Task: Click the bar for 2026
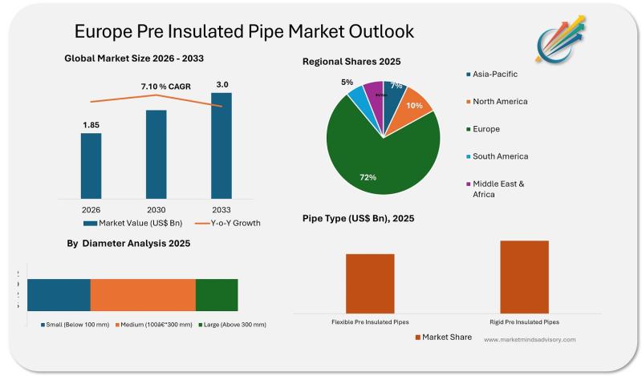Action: pos(91,167)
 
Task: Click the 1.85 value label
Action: pos(91,125)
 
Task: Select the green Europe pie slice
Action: pos(377,156)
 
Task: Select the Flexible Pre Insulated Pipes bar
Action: pos(370,282)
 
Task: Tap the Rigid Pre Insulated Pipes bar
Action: pos(524,276)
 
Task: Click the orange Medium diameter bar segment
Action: pos(143,294)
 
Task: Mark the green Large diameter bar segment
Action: pos(217,294)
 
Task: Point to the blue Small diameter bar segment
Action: pos(59,294)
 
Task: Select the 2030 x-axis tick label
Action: pos(156,210)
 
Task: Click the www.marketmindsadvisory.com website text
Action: pos(530,340)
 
